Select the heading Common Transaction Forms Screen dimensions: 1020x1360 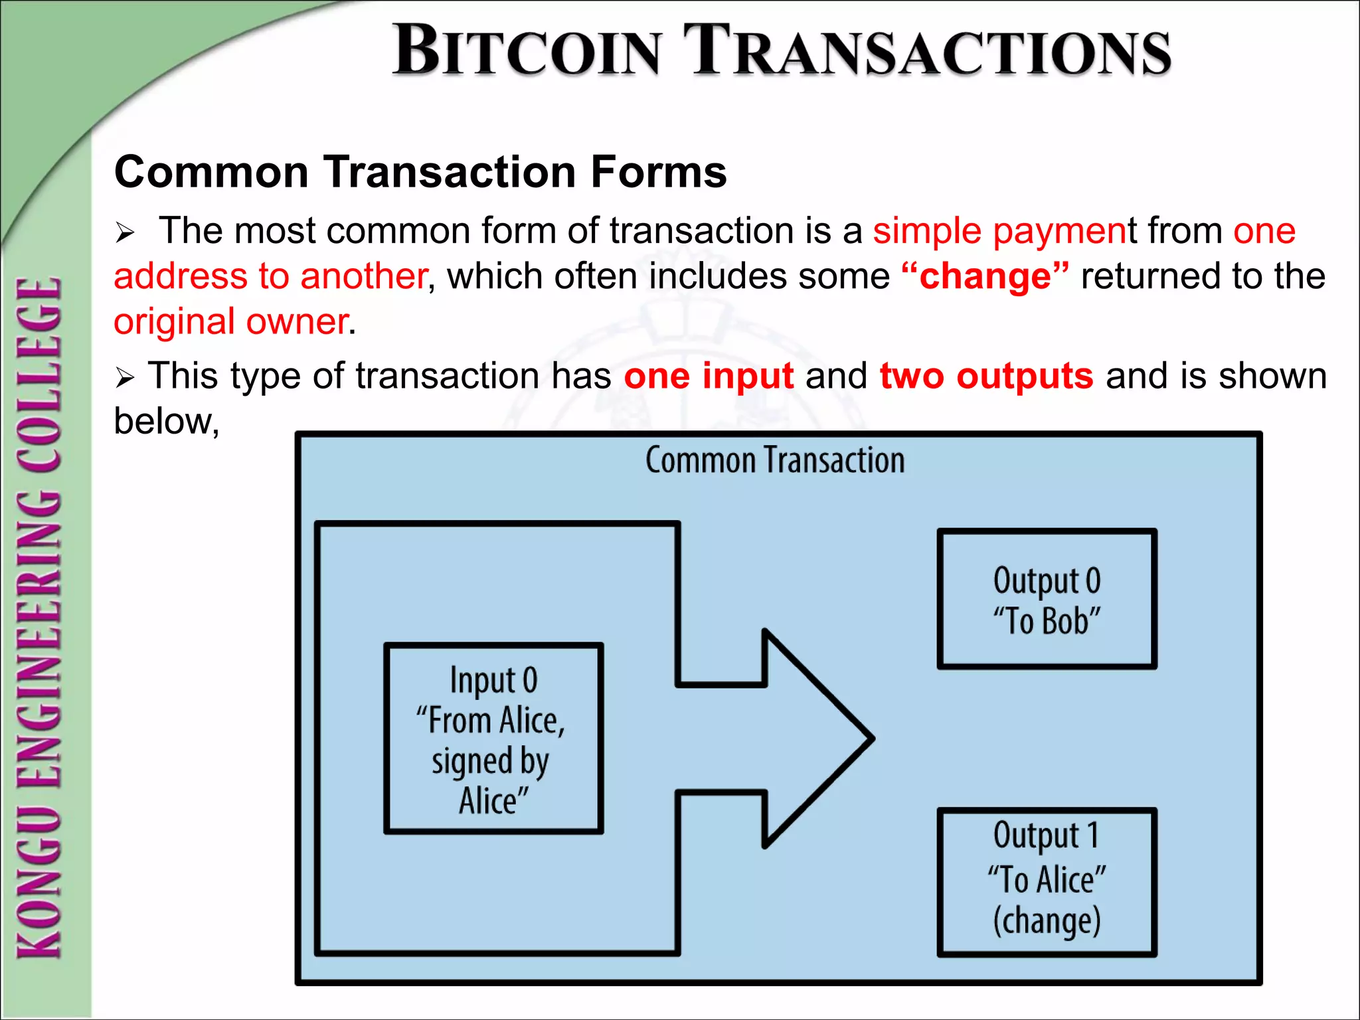[420, 172]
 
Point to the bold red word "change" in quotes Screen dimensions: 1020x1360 [985, 276]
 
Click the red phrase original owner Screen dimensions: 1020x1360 [231, 321]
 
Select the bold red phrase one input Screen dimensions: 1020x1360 [709, 376]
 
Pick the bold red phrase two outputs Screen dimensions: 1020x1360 [986, 376]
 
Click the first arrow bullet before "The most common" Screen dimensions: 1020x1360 [125, 233]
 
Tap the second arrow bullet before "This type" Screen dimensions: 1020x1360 [125, 378]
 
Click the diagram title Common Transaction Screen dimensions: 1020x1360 [775, 460]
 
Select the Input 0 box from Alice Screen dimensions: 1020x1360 [493, 738]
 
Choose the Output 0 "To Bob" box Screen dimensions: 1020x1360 [1047, 599]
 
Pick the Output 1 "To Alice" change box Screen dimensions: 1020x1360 [1047, 882]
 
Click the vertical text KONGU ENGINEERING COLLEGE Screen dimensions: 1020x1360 [40, 618]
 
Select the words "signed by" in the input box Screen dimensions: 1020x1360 [490, 761]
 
